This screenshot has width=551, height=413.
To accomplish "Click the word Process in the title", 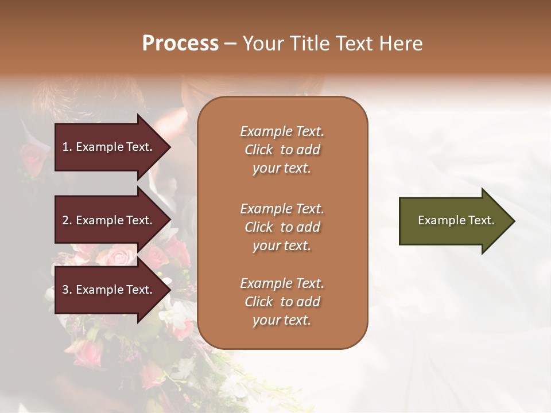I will [180, 44].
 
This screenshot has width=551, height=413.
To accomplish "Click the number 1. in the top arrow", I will [67, 147].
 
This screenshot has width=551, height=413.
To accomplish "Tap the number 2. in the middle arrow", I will [67, 220].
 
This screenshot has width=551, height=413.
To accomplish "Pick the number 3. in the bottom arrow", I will [67, 290].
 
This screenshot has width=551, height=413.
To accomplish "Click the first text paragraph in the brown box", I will [282, 150].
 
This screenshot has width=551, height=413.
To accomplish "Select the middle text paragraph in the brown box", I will [282, 227].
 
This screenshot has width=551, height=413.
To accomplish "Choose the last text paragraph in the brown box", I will [282, 302].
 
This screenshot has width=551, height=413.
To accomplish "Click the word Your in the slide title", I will [262, 44].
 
